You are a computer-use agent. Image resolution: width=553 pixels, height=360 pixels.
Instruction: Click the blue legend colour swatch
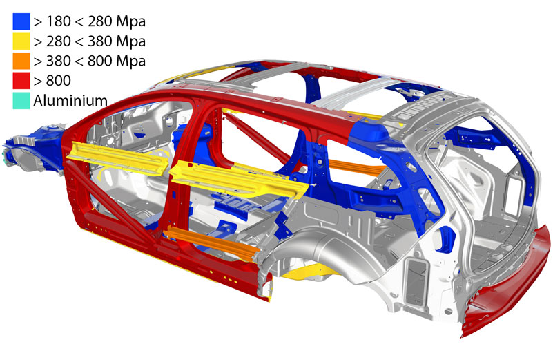pos(21,21)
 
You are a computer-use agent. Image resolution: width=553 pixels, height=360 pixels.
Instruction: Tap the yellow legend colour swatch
pos(21,41)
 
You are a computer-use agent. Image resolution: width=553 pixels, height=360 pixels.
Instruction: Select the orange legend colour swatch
pos(21,61)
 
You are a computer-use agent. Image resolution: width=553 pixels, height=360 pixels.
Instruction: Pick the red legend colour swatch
pos(21,81)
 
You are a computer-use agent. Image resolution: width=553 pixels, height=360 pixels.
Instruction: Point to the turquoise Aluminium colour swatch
pos(21,101)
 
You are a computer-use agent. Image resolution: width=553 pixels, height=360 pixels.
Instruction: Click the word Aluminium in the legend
pos(70,101)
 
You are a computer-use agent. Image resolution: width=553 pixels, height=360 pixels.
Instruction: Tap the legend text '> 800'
pos(52,81)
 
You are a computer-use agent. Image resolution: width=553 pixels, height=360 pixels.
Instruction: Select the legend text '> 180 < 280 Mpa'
pos(90,22)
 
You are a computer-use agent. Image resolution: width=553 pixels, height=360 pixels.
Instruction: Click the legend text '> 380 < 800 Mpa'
pos(90,61)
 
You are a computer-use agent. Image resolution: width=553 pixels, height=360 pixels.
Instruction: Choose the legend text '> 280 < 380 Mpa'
pos(90,41)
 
